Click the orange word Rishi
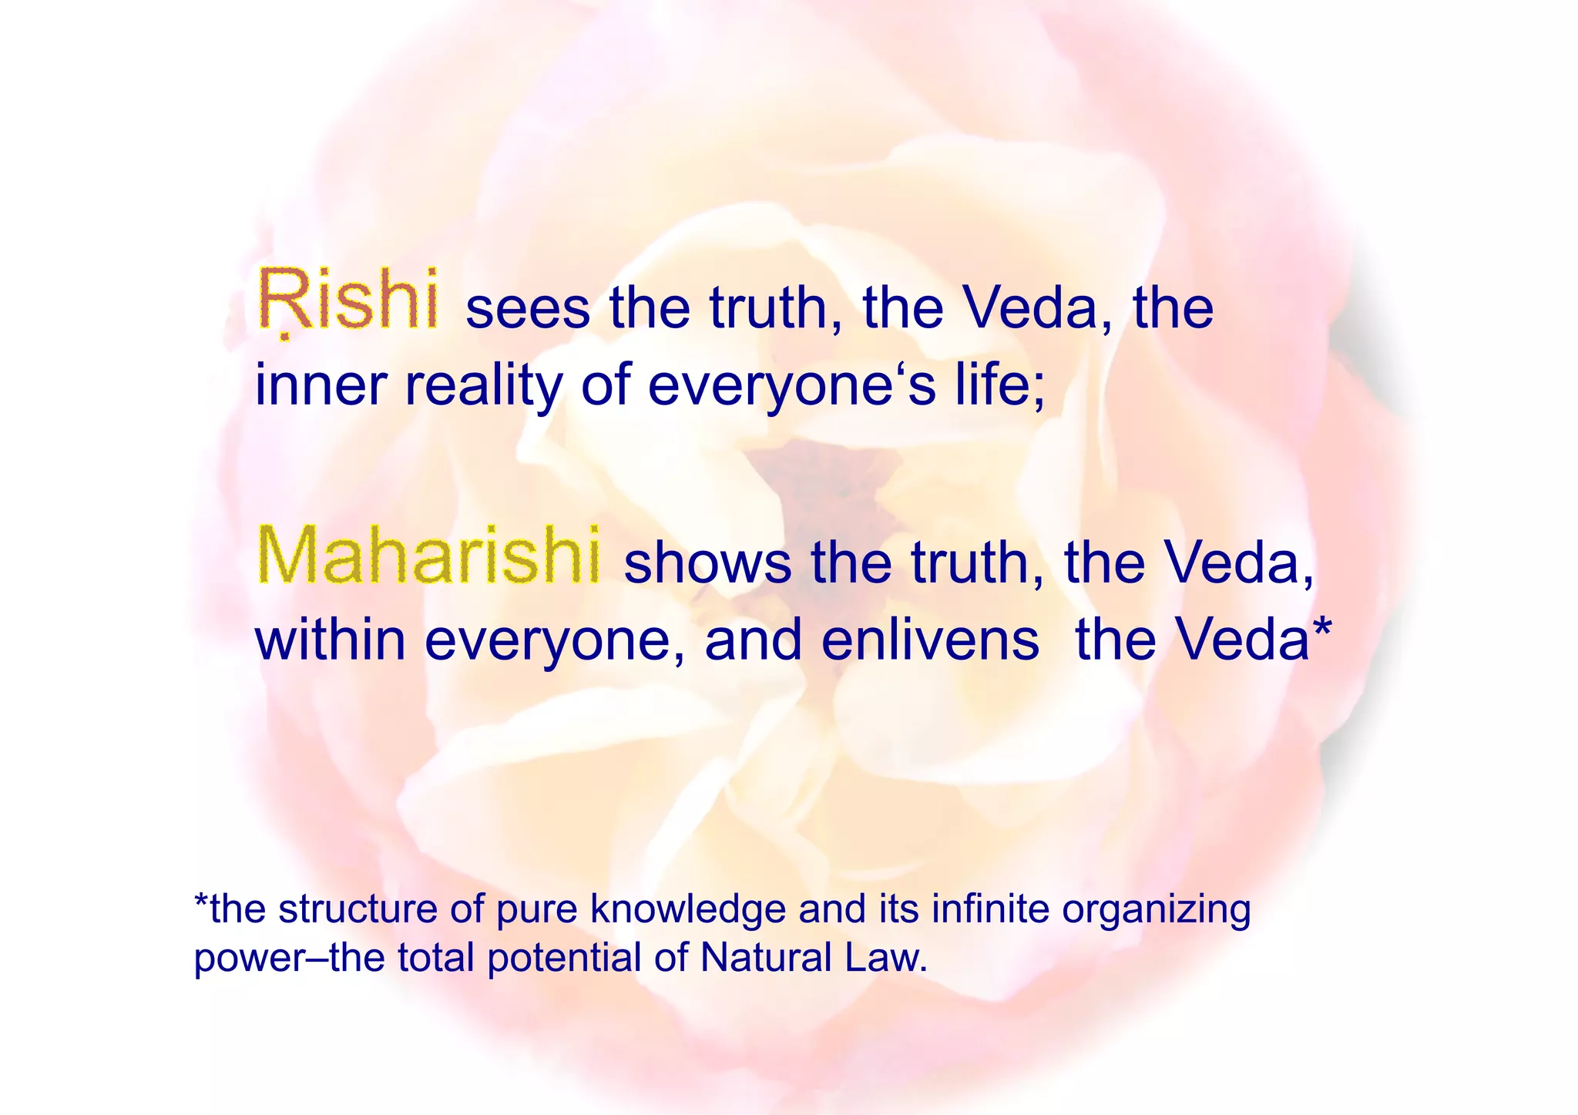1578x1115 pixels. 349,299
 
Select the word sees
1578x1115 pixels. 528,308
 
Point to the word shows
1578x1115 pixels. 707,563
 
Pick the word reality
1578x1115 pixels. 483,387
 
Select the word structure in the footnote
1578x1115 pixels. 358,910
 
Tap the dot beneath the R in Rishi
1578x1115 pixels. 284,336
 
